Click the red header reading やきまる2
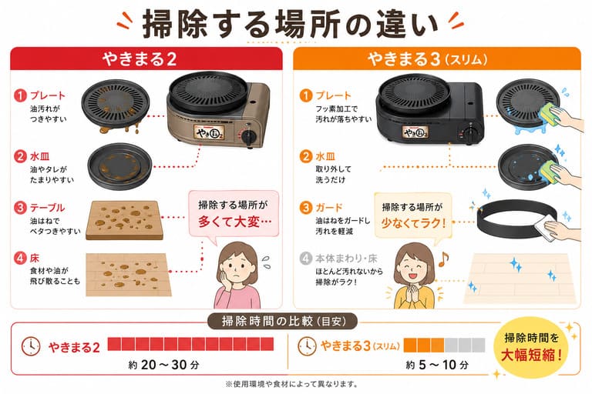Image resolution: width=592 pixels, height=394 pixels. pos(146,58)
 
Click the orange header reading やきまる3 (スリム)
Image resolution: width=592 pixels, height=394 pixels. pos(437,58)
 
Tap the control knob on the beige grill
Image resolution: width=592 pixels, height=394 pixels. pos(249,136)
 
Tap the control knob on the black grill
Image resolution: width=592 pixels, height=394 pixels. pos(470,133)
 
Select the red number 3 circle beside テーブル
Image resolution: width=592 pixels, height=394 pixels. pos(20,208)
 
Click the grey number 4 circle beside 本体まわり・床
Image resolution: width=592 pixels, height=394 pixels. pos(305,259)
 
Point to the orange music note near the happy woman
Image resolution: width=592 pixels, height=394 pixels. pos(444,259)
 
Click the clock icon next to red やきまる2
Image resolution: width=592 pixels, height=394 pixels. pos(31,346)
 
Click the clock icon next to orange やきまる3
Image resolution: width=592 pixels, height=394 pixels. pos(307,346)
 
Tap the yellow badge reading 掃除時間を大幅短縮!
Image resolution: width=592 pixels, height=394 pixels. pos(532,347)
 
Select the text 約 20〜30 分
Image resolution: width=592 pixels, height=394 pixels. pos(163,365)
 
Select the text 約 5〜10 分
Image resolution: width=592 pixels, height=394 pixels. pos(437,365)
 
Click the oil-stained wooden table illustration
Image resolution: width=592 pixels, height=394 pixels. pos(125,220)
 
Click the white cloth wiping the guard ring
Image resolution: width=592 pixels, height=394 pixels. pos(546,226)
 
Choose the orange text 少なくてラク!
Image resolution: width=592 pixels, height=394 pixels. pos(413,223)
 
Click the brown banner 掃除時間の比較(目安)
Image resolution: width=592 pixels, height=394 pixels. pos(283,321)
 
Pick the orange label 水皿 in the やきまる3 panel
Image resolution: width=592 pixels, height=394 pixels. pos(325,156)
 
